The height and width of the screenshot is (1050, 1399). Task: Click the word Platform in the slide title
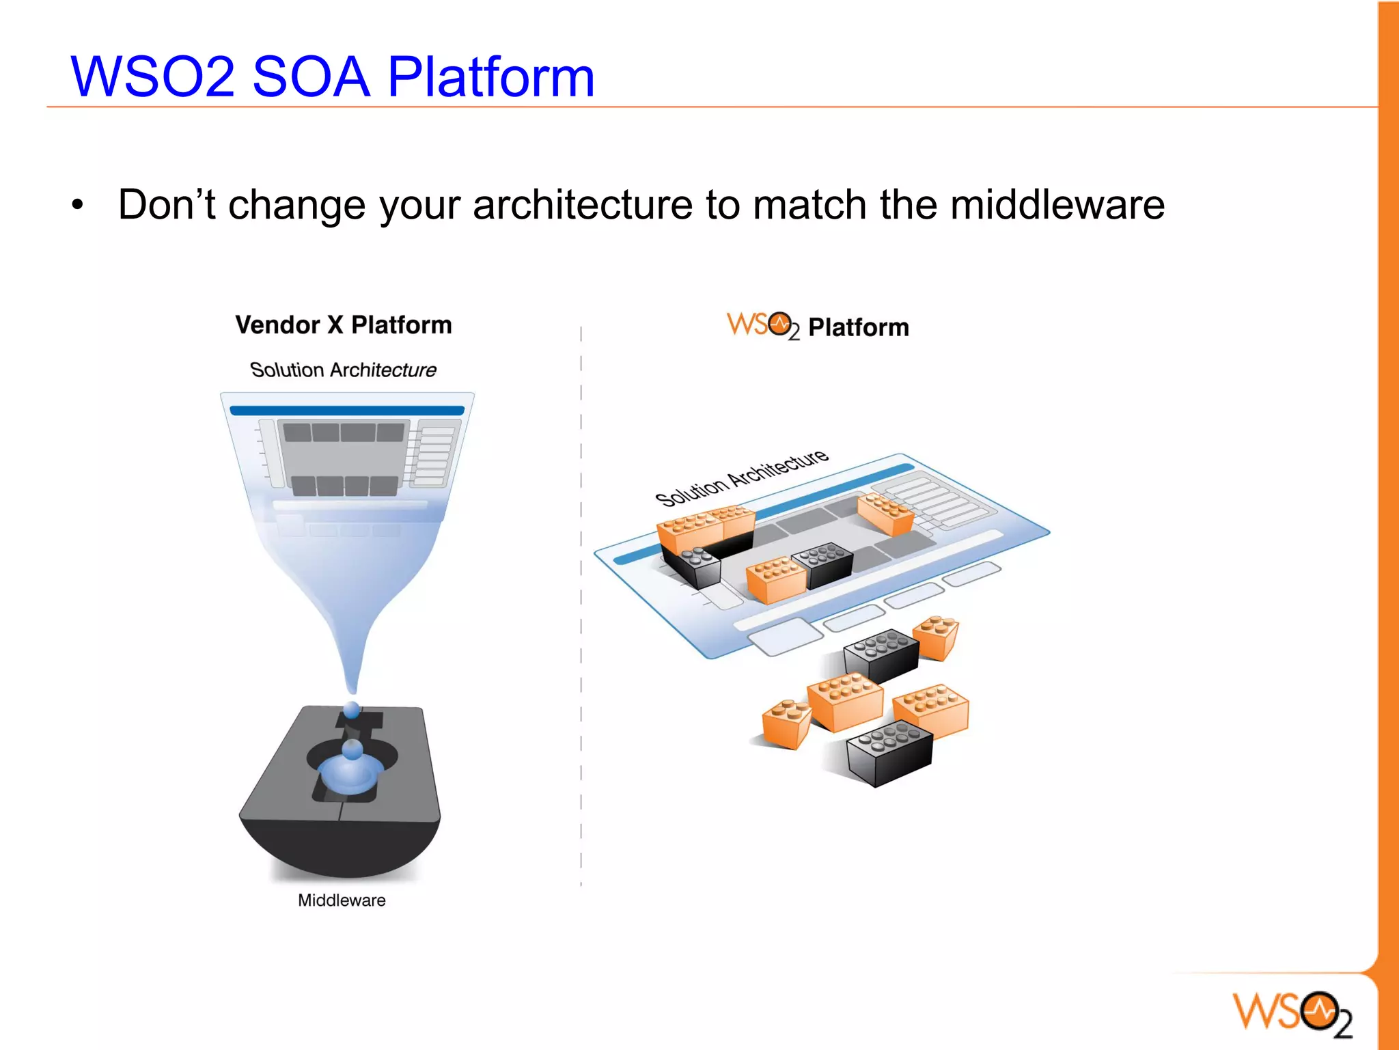tap(490, 77)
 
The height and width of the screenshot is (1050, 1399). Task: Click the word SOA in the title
tap(311, 77)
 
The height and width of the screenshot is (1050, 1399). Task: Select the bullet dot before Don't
tap(78, 204)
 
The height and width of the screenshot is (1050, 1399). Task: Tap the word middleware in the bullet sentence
tap(1057, 204)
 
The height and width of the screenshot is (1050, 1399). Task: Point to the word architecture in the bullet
tap(582, 204)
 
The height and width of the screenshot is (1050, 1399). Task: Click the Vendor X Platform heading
tap(344, 324)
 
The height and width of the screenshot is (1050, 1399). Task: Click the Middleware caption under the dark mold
tap(342, 900)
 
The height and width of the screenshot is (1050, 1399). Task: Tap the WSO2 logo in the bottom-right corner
tap(1292, 1012)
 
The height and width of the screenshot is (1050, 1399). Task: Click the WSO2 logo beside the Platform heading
tap(762, 325)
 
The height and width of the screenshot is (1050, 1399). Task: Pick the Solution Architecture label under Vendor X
tap(343, 370)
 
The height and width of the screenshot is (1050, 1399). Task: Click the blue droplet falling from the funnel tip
tap(352, 710)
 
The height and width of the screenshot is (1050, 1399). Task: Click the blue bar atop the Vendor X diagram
tap(347, 411)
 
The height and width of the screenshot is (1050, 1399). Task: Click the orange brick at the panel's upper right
tap(885, 513)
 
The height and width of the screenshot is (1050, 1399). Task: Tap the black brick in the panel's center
tap(826, 564)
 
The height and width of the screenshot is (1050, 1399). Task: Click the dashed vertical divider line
tap(581, 615)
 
